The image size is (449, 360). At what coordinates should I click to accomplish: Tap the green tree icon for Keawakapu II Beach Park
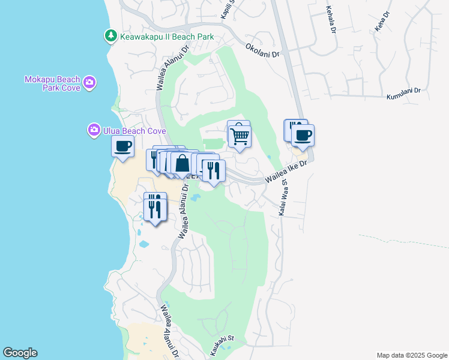tap(111, 37)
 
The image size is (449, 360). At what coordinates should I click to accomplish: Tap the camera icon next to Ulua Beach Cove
tap(94, 130)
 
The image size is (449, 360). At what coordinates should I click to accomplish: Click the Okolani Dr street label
tap(262, 50)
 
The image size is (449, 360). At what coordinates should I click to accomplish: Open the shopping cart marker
tap(240, 136)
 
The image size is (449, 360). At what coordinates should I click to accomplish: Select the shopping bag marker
tap(182, 163)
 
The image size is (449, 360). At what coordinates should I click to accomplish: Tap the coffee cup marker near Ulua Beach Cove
tap(123, 145)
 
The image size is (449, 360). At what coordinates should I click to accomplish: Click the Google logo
tap(20, 353)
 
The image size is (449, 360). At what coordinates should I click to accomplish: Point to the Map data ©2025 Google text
tap(411, 355)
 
